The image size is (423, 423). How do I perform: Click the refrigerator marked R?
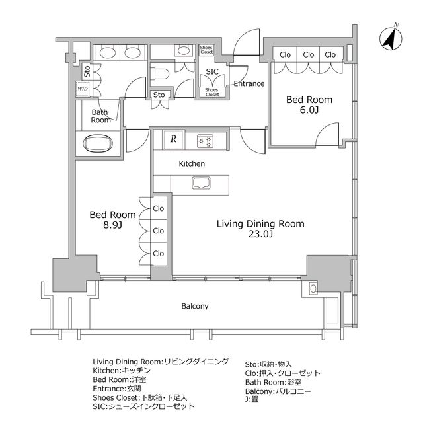click(x=173, y=139)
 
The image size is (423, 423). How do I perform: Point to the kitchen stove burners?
click(x=206, y=140)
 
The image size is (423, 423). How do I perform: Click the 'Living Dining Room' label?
click(x=261, y=224)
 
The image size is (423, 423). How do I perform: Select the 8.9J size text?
click(x=112, y=226)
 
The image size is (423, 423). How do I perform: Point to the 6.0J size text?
click(x=309, y=111)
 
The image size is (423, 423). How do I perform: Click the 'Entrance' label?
click(x=249, y=84)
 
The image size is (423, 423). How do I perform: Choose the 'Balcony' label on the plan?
click(x=195, y=306)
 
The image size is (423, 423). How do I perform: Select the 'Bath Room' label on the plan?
click(x=101, y=116)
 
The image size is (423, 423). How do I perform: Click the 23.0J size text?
click(x=260, y=235)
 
